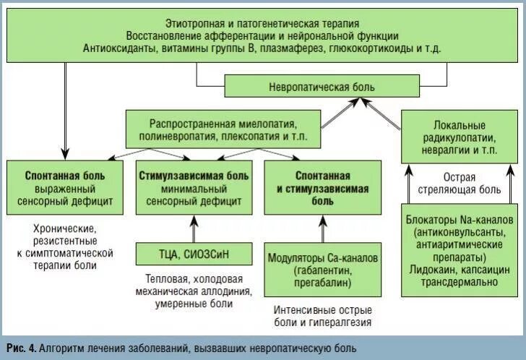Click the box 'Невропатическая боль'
(322, 87)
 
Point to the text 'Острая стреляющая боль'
(460, 183)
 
